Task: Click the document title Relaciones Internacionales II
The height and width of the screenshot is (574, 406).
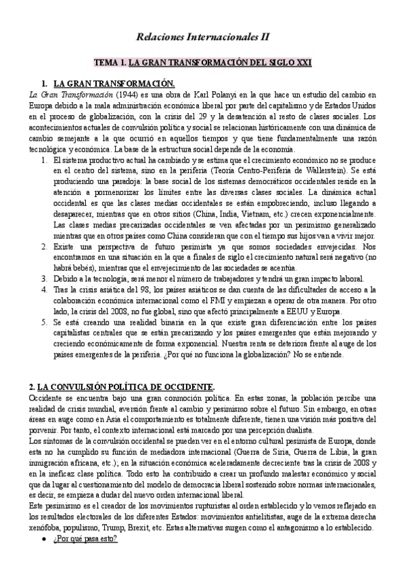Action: point(203,40)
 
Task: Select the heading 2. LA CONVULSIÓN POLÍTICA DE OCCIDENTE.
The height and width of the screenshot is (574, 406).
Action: point(112,387)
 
